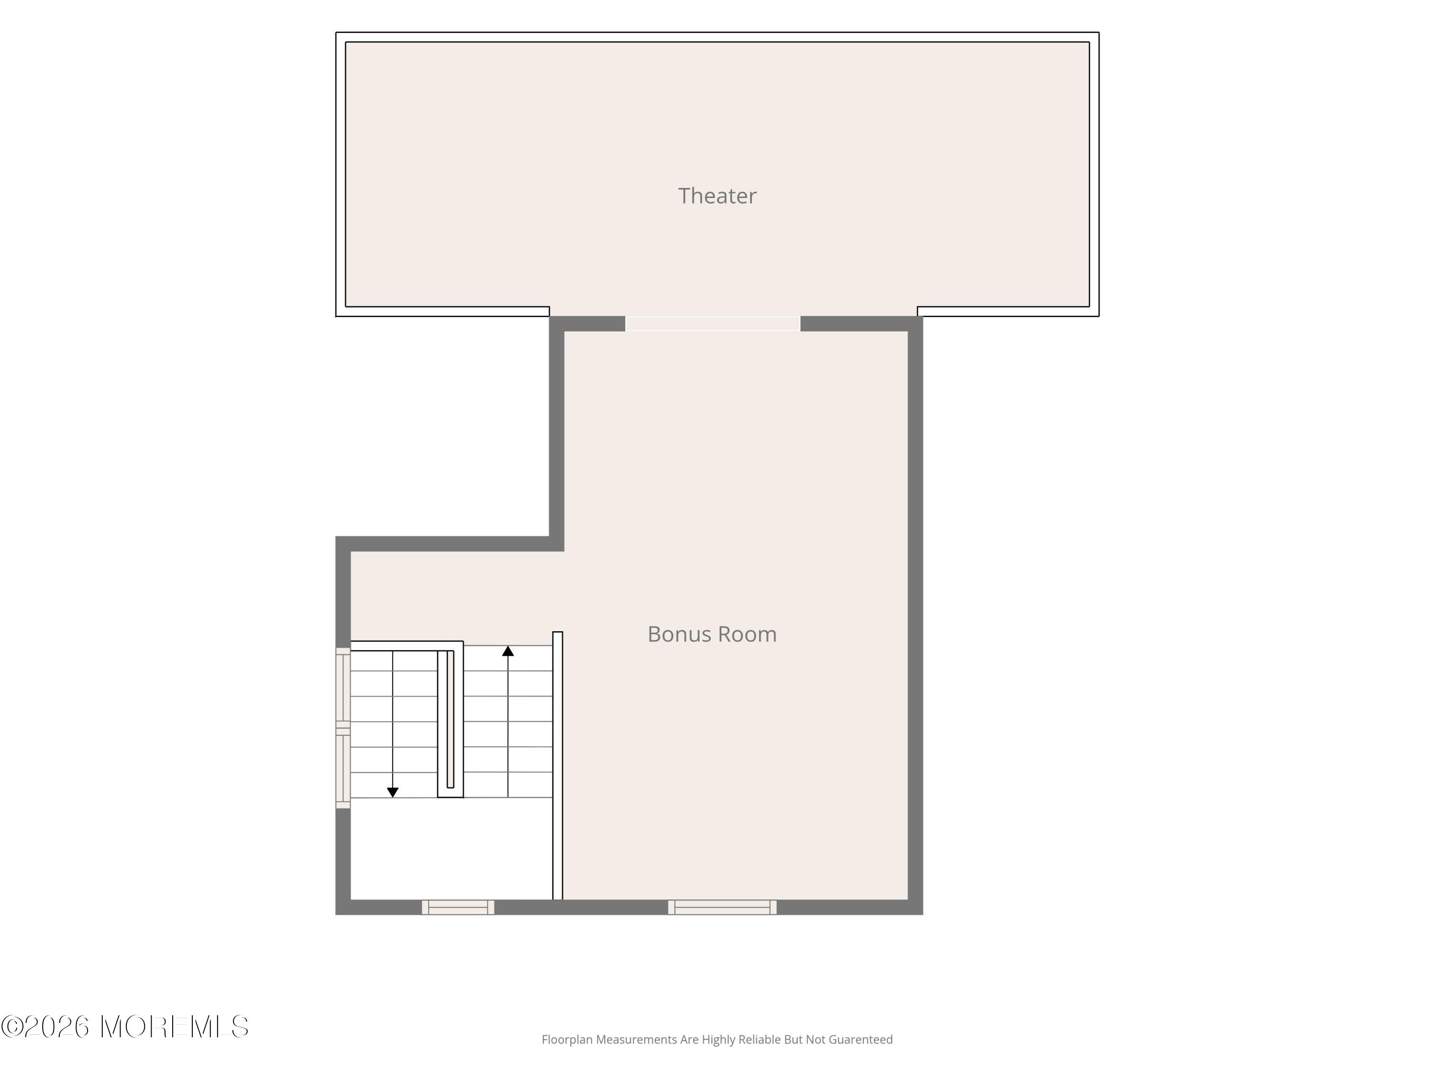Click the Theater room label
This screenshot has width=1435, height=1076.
(717, 196)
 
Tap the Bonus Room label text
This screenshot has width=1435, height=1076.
(712, 634)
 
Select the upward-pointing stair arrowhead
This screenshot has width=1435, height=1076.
(508, 650)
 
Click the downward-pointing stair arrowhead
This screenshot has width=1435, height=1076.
(393, 792)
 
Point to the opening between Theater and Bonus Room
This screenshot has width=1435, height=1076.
(712, 324)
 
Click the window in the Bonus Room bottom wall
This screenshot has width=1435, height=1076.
(722, 907)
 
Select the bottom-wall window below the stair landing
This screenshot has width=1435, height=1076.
(458, 907)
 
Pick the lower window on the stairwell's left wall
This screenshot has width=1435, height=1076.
(342, 769)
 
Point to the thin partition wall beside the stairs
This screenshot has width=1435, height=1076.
(557, 765)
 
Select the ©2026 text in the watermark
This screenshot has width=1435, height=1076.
(45, 1027)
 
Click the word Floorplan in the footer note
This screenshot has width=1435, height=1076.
(568, 1040)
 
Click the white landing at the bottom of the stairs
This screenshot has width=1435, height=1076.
(452, 848)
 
